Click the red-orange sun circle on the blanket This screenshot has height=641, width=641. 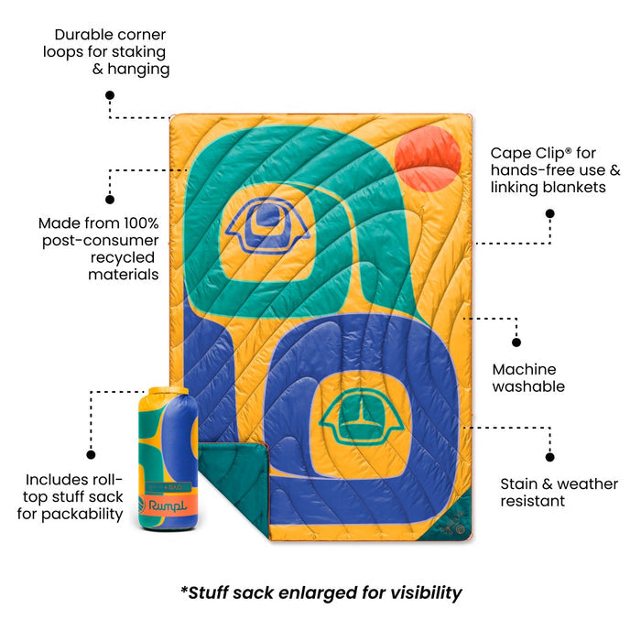[428, 159]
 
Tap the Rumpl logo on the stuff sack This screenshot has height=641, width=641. [163, 505]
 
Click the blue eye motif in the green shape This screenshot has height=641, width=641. [267, 225]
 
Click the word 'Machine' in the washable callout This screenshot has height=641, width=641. [524, 369]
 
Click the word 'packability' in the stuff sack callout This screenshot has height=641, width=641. [82, 515]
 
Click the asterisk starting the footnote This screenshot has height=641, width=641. [184, 589]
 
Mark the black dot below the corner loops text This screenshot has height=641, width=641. [110, 95]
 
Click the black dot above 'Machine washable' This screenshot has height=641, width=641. [516, 342]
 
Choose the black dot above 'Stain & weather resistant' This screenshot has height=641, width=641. [549, 457]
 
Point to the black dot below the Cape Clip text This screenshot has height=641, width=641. [549, 213]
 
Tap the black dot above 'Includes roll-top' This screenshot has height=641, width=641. [92, 454]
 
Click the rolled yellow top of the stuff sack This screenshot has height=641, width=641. [168, 391]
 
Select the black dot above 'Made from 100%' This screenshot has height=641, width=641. [110, 200]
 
